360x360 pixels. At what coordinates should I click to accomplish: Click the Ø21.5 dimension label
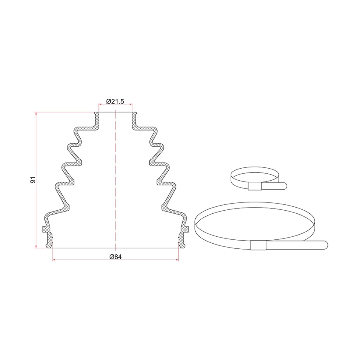pos(115,101)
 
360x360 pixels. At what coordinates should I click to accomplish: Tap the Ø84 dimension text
pos(115,257)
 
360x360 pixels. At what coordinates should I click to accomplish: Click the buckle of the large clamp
pos(258,245)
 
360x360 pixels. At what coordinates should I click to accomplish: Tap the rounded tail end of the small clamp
pos(284,186)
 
